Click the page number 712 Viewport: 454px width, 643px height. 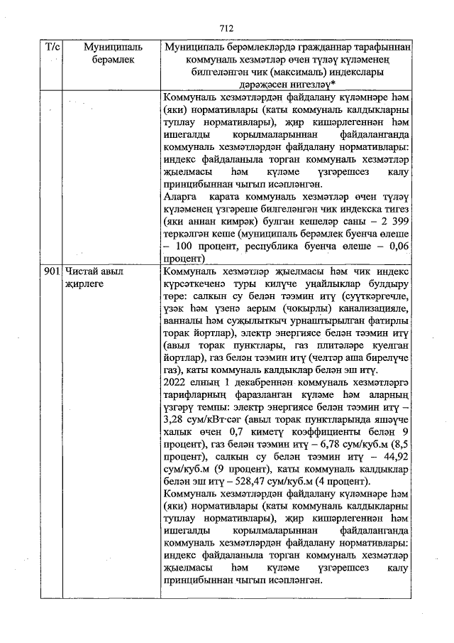click(226, 28)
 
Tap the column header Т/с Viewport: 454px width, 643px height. click(52, 47)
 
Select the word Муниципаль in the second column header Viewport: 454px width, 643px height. click(103, 47)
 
